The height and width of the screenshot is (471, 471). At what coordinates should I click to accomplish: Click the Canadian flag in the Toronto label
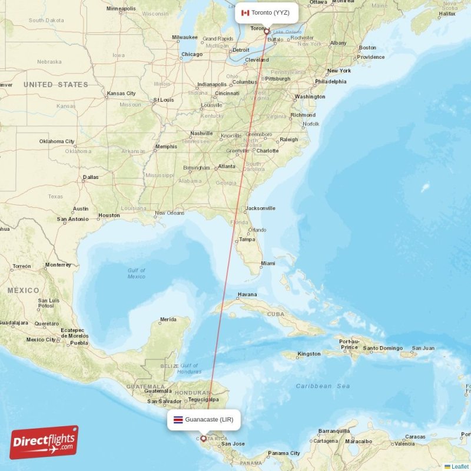[246, 12]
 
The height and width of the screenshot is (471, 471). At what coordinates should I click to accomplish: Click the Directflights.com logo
[44, 442]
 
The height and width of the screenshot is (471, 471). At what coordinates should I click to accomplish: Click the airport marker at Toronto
[266, 31]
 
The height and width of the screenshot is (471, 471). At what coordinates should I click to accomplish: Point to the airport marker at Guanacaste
[204, 438]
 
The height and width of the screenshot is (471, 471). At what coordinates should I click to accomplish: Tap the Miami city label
[268, 263]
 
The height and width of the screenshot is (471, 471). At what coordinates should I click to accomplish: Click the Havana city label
[247, 294]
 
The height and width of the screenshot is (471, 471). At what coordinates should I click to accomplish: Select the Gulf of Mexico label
[137, 273]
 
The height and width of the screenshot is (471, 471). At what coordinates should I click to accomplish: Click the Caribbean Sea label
[323, 386]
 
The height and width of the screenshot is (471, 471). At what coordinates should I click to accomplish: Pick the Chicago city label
[192, 54]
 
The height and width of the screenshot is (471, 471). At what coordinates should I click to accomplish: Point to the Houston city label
[109, 215]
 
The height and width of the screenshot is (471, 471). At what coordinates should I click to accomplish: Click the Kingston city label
[309, 354]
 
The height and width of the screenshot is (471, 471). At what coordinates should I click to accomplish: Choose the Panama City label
[284, 453]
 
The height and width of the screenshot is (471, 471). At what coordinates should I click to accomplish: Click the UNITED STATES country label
[56, 85]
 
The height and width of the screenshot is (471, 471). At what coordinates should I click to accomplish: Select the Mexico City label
[41, 339]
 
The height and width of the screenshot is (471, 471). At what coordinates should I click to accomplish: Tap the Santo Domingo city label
[383, 349]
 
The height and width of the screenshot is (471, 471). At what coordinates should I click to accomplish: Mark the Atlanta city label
[227, 167]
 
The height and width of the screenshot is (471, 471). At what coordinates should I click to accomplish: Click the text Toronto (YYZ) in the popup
[270, 12]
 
